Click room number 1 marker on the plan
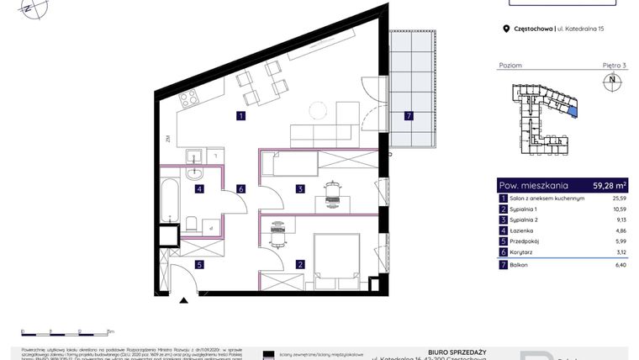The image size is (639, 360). coord(240,116)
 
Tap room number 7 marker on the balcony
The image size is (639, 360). coord(409,116)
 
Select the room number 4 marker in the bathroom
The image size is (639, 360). coord(199,189)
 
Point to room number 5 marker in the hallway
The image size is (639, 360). coord(199,264)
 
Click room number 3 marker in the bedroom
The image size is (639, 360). coord(299,189)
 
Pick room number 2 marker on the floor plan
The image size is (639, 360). coord(299,264)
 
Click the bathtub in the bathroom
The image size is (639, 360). coord(169,199)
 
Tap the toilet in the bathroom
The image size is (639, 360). coord(193,224)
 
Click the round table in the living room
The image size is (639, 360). coord(318,110)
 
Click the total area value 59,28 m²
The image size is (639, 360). coord(610,185)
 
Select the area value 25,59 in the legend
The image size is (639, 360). coord(618,198)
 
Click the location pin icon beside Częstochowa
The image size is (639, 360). coord(506,29)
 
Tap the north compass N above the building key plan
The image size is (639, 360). coord(611,81)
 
